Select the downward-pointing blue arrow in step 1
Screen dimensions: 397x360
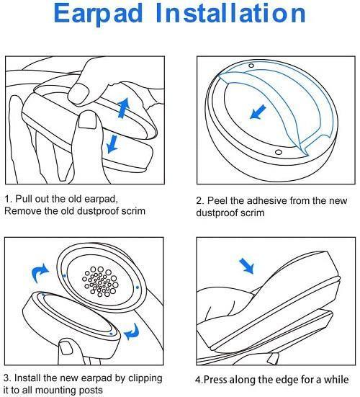112,143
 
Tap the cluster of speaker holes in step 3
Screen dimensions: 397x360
99,282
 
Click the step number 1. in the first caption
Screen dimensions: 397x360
9,199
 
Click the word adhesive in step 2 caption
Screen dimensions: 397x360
266,201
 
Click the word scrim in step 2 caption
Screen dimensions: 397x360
254,213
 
